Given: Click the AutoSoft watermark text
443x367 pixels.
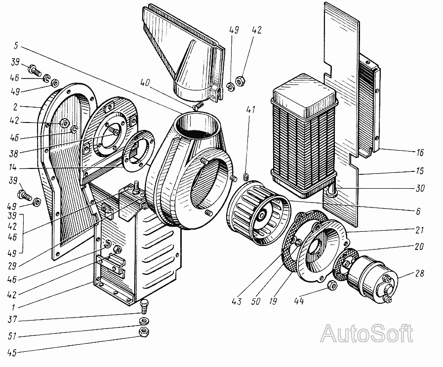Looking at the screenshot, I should [x=366, y=334].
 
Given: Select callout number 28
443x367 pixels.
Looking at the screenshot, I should [x=420, y=274].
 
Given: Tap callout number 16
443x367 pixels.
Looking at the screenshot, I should [x=420, y=153].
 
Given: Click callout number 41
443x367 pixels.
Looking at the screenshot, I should [x=252, y=111].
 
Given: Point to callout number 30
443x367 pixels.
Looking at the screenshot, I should [x=420, y=188].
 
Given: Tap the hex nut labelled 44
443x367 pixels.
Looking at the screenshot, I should [x=332, y=285].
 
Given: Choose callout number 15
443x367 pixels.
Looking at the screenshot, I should [x=420, y=170].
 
